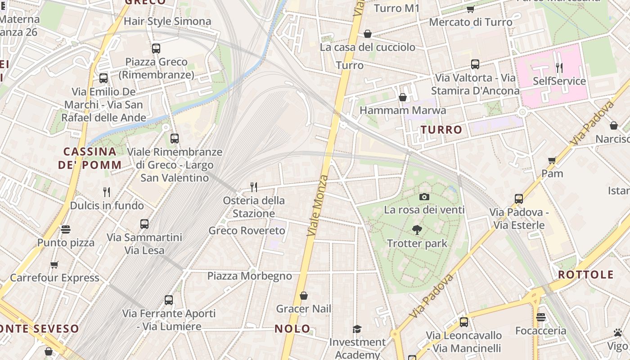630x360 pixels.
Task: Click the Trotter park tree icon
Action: point(417,230)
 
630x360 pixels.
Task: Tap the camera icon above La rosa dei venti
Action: point(424,197)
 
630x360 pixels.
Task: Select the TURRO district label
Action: point(441,130)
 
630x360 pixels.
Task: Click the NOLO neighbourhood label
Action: point(292,329)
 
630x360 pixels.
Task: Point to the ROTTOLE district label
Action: point(586,274)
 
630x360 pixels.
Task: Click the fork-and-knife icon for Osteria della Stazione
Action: point(254,187)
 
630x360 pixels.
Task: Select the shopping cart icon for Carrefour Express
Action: point(54,265)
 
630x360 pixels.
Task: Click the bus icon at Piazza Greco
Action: point(156,49)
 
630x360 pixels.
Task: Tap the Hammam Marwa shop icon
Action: point(403,97)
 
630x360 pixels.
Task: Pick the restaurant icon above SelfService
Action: point(559,68)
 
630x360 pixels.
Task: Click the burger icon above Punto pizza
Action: point(66,229)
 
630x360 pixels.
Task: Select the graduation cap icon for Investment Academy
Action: point(357,329)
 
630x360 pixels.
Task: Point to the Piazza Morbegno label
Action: point(250,276)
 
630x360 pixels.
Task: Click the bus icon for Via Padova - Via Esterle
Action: point(519,198)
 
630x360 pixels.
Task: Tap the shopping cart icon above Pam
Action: point(552,160)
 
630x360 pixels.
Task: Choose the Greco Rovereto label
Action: point(247,231)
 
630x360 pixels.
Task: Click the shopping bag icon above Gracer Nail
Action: point(304,296)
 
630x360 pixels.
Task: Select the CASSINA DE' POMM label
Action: point(90,158)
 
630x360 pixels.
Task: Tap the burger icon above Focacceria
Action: point(540,317)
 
